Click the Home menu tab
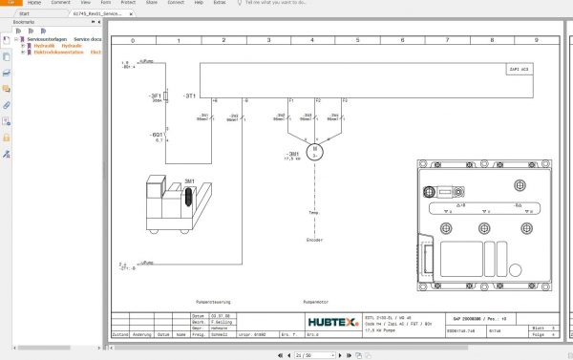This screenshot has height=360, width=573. tap(34, 4)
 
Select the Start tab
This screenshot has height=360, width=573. tap(24, 15)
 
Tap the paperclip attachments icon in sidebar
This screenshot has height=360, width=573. tap(7, 104)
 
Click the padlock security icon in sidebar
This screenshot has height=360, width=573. tap(7, 138)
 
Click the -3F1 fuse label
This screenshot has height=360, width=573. tap(155, 96)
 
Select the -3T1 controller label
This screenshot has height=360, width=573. tap(191, 96)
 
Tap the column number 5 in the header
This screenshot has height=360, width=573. tap(356, 41)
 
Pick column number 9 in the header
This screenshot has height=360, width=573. tap(536, 41)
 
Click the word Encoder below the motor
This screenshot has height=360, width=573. tap(315, 240)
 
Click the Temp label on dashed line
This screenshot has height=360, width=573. tap(314, 213)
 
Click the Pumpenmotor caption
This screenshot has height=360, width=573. tap(316, 301)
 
